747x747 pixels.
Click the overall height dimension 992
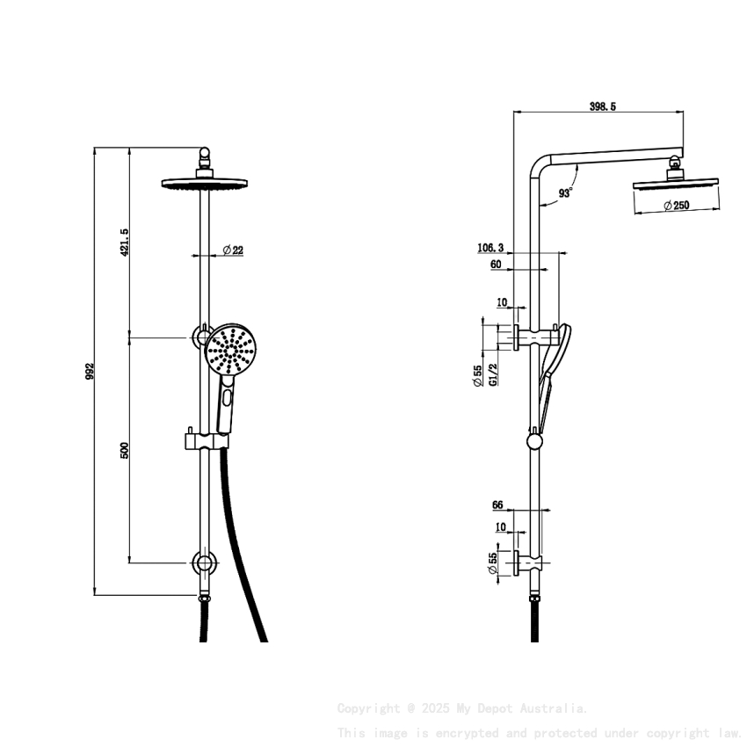point(90,373)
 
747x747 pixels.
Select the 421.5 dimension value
point(125,243)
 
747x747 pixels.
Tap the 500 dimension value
point(125,450)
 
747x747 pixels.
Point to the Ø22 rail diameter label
point(233,250)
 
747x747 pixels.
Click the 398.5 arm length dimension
point(602,106)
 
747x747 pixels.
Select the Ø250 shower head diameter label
point(676,206)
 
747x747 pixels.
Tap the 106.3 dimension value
point(490,248)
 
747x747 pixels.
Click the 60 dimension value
point(496,264)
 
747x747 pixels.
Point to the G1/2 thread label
point(493,375)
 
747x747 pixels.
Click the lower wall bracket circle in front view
point(204,563)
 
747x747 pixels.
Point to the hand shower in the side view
point(554,360)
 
